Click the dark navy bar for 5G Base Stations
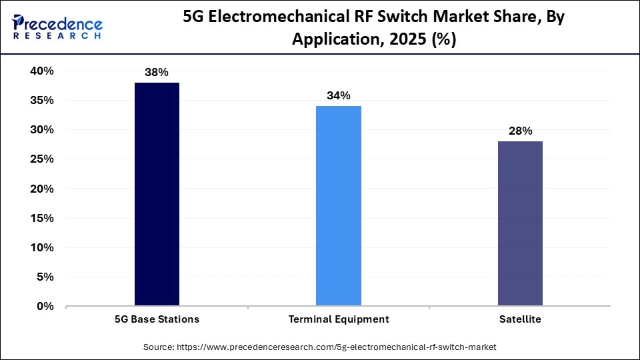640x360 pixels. point(157,194)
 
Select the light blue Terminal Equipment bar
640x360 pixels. point(339,206)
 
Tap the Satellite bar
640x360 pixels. point(520,223)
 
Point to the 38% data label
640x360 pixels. point(157,73)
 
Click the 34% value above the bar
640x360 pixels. point(339,96)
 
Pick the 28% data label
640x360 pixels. point(520,131)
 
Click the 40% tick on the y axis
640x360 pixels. point(41,71)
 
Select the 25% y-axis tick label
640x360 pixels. point(41,159)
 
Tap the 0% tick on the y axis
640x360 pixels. point(45,307)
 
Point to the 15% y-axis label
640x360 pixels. point(41,218)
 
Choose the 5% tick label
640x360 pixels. point(44,277)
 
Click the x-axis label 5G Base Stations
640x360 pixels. point(157,319)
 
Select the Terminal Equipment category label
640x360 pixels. point(339,319)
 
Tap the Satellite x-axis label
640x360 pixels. point(520,319)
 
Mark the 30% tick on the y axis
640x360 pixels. point(41,130)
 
